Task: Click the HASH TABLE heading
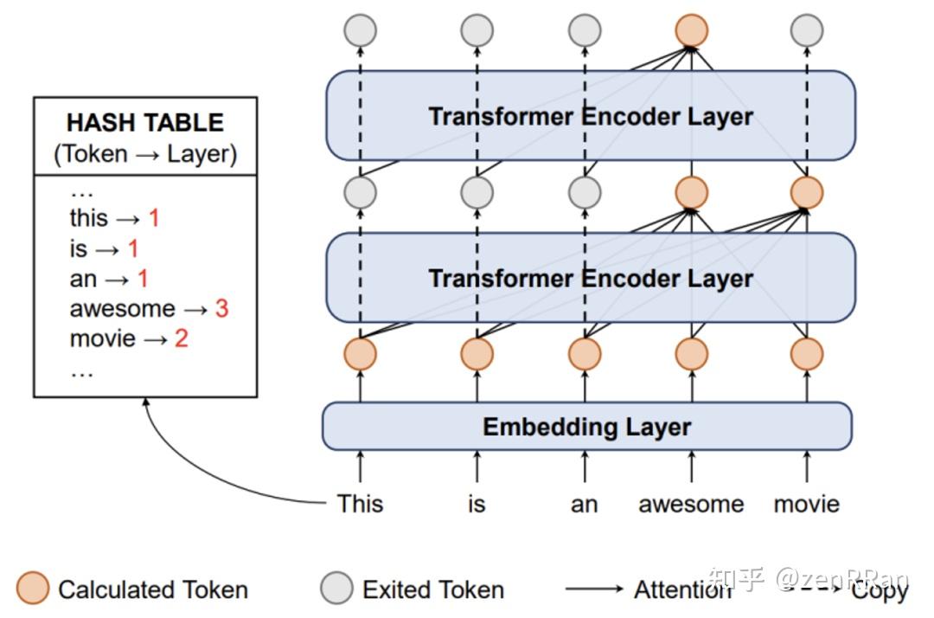145,123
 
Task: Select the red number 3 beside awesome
221,309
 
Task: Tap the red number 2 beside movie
181,338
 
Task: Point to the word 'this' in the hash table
89,217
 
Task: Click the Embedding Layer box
586,426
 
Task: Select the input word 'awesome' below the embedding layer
691,504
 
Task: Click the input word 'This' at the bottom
360,504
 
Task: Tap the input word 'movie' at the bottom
807,504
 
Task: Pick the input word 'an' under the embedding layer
584,505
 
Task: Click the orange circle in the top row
692,29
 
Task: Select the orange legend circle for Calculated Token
33,589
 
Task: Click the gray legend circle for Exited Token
336,589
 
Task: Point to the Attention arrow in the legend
594,589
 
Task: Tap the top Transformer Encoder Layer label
591,116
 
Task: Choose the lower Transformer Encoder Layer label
591,279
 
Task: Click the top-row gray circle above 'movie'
807,29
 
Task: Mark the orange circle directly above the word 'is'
477,354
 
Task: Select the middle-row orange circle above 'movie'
807,192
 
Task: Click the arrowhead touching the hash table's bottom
146,402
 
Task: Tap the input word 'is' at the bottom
477,504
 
